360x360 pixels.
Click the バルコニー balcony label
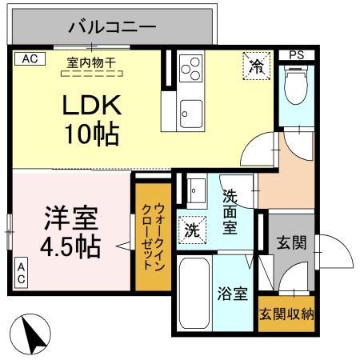coord(111,26)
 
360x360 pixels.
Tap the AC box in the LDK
coord(29,58)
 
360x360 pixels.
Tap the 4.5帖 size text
coord(70,246)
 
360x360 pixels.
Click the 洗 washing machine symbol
coord(192,229)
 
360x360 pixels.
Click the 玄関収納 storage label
coord(286,313)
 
